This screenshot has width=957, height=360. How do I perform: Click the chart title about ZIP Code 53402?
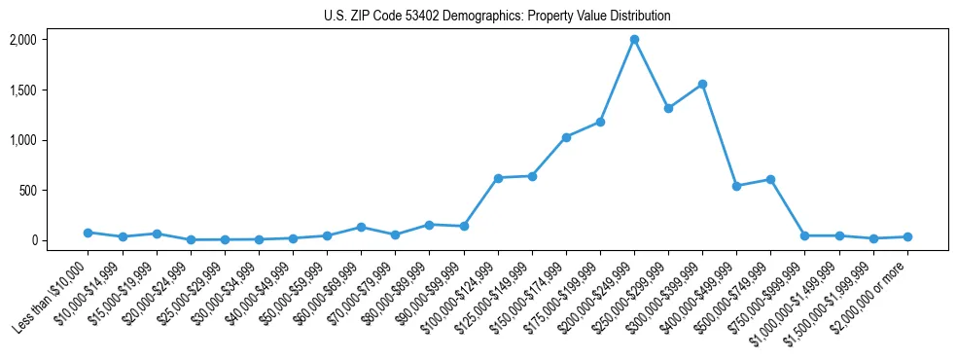497,17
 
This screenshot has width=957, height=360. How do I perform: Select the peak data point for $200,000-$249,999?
634,40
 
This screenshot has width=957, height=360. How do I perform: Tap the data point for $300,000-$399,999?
702,85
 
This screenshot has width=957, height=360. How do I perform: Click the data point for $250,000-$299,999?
668,108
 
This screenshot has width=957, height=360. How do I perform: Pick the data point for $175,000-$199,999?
600,122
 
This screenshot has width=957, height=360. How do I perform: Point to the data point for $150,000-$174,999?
566,137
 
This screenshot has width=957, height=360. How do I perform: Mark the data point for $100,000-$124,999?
498,178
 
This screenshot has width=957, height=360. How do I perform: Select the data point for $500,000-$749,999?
770,179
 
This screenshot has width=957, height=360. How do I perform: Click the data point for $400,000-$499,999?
736,186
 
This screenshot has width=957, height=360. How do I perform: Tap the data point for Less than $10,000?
88,233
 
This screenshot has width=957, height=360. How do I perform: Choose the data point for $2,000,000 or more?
907,236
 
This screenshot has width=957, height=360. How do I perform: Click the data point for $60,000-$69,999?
361,227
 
